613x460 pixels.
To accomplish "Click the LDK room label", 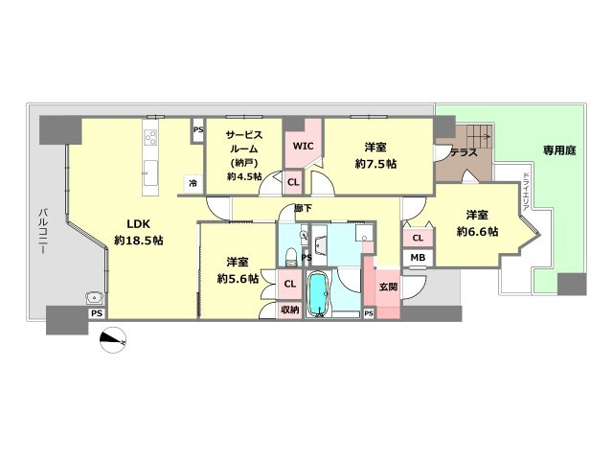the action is click(x=139, y=224).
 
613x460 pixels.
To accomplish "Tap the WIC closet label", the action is click(x=303, y=147).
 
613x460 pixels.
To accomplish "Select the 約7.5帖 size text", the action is click(x=375, y=164).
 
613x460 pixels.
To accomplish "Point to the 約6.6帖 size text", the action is click(x=477, y=232).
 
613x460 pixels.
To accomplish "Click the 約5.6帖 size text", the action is click(x=238, y=279).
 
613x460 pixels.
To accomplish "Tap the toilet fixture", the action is click(x=291, y=256).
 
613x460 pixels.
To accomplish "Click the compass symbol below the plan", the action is click(x=113, y=340).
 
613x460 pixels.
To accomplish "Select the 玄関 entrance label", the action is click(x=388, y=287).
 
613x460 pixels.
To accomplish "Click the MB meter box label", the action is click(x=418, y=258).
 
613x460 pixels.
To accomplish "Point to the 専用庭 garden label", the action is click(x=559, y=150).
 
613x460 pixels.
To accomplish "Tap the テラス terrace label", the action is click(x=464, y=152).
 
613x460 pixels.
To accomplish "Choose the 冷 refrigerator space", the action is click(x=193, y=183).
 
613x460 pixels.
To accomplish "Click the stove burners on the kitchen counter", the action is click(x=150, y=138).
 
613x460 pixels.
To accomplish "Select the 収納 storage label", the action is click(x=289, y=310).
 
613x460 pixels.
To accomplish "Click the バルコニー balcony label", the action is click(x=43, y=232).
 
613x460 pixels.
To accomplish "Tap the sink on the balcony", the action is click(x=94, y=299).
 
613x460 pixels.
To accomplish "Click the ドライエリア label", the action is click(x=525, y=192).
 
